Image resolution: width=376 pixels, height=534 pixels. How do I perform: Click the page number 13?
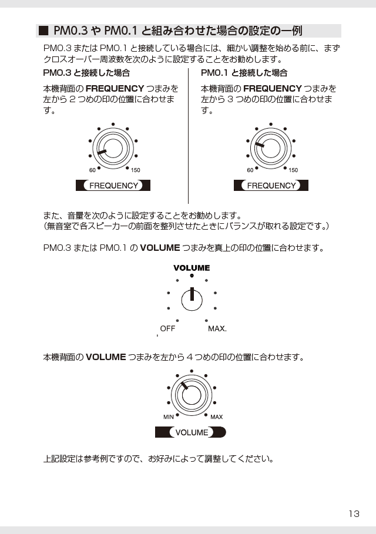354,513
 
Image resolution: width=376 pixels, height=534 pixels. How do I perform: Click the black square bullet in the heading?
43,31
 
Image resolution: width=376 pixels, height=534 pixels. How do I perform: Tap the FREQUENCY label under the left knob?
113,186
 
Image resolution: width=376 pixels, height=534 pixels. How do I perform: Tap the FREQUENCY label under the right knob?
271,186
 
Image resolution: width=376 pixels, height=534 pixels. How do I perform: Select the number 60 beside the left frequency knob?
92,170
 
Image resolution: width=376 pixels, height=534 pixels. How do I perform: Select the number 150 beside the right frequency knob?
293,170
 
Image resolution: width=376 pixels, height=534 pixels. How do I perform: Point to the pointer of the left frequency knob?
102,152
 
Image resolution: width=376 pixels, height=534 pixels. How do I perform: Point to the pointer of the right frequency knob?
260,145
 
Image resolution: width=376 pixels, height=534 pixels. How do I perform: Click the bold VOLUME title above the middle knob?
192,268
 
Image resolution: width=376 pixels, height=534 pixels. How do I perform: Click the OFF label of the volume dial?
167,328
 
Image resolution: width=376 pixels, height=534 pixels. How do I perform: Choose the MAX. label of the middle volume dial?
217,328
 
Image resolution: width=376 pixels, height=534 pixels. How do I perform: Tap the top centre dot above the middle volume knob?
192,276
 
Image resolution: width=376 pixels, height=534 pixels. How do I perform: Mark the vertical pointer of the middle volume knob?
192,294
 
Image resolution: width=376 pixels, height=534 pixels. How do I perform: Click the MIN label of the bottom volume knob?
169,417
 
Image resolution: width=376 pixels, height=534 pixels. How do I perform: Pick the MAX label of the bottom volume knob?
217,417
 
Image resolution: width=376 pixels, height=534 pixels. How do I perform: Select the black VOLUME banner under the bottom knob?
190,432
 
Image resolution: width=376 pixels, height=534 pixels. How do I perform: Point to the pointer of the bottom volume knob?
184,385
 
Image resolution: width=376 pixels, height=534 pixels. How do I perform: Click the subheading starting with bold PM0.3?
86,73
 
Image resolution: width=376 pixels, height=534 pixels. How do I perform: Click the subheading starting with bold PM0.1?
244,73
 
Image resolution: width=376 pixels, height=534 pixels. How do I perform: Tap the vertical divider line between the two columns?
189,136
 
